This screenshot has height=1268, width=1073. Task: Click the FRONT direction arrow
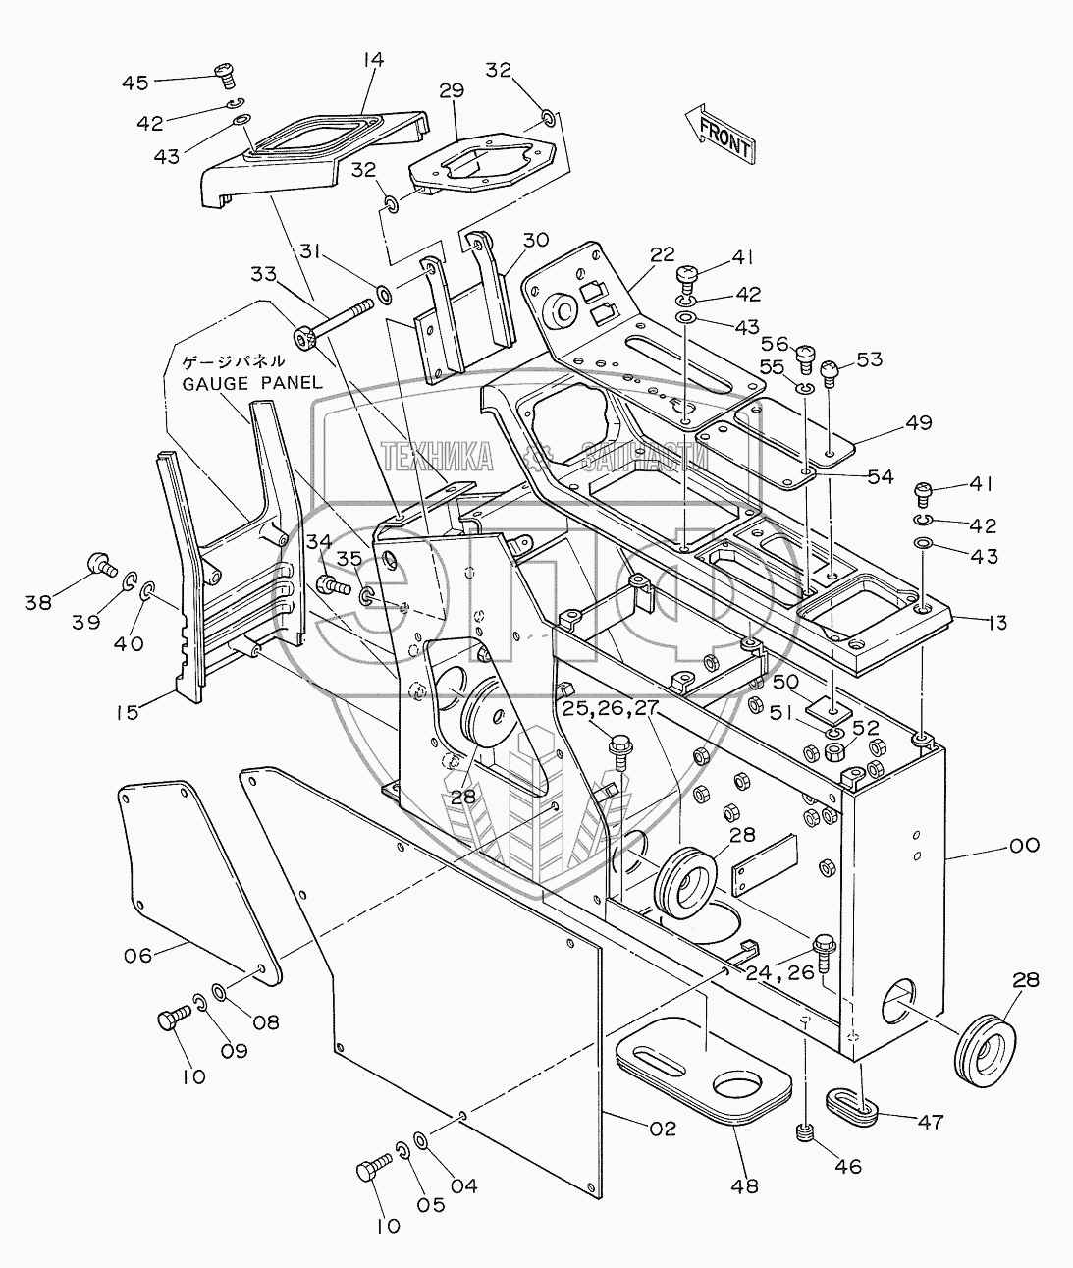723,134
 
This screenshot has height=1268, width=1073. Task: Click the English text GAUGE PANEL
252,382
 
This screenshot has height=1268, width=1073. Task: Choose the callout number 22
662,254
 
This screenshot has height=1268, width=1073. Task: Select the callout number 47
929,1121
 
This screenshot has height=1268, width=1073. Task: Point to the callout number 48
746,1185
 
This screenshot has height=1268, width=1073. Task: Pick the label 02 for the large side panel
663,1129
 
